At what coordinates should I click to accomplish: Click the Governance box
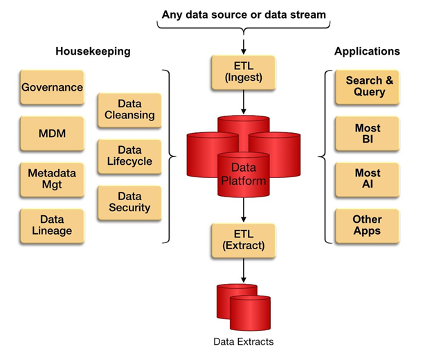52,87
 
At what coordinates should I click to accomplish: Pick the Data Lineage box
52,224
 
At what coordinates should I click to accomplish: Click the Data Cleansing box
129,110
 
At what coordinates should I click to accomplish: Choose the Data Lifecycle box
129,156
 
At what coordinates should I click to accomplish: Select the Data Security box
129,202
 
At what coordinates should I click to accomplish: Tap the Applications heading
366,52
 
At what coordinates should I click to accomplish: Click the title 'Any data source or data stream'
244,14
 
